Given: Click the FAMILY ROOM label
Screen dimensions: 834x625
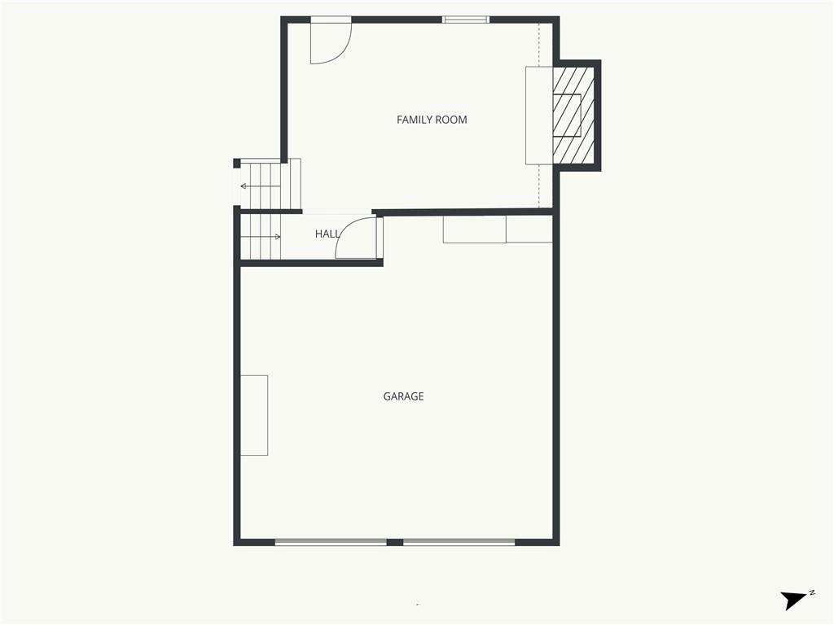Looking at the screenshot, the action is pyautogui.click(x=432, y=120).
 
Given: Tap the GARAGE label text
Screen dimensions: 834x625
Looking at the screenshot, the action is pyautogui.click(x=403, y=396).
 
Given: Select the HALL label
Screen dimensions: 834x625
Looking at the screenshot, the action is pyautogui.click(x=327, y=234).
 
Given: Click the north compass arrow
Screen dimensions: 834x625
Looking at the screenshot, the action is pyautogui.click(x=793, y=600).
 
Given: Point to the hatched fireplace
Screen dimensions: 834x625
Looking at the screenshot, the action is pyautogui.click(x=573, y=116).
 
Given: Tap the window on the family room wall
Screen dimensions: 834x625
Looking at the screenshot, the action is pyautogui.click(x=466, y=20).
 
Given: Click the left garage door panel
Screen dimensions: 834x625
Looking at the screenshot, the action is pyautogui.click(x=331, y=542).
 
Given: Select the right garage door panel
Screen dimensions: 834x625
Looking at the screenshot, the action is pyautogui.click(x=459, y=542).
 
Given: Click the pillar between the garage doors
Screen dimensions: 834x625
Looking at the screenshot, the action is pyautogui.click(x=395, y=542).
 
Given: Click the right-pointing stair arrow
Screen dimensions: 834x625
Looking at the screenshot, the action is pyautogui.click(x=261, y=237).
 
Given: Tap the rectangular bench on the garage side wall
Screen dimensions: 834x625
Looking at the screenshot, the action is pyautogui.click(x=254, y=415).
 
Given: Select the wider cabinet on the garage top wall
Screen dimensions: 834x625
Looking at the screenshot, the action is pyautogui.click(x=475, y=229).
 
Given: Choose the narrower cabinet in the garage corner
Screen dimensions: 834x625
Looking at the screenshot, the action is pyautogui.click(x=529, y=229).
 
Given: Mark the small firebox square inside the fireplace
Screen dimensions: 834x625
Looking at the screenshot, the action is pyautogui.click(x=567, y=116).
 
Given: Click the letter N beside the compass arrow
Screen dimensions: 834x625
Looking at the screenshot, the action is pyautogui.click(x=812, y=592).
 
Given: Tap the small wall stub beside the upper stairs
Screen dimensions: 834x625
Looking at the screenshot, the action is pyautogui.click(x=237, y=163).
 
